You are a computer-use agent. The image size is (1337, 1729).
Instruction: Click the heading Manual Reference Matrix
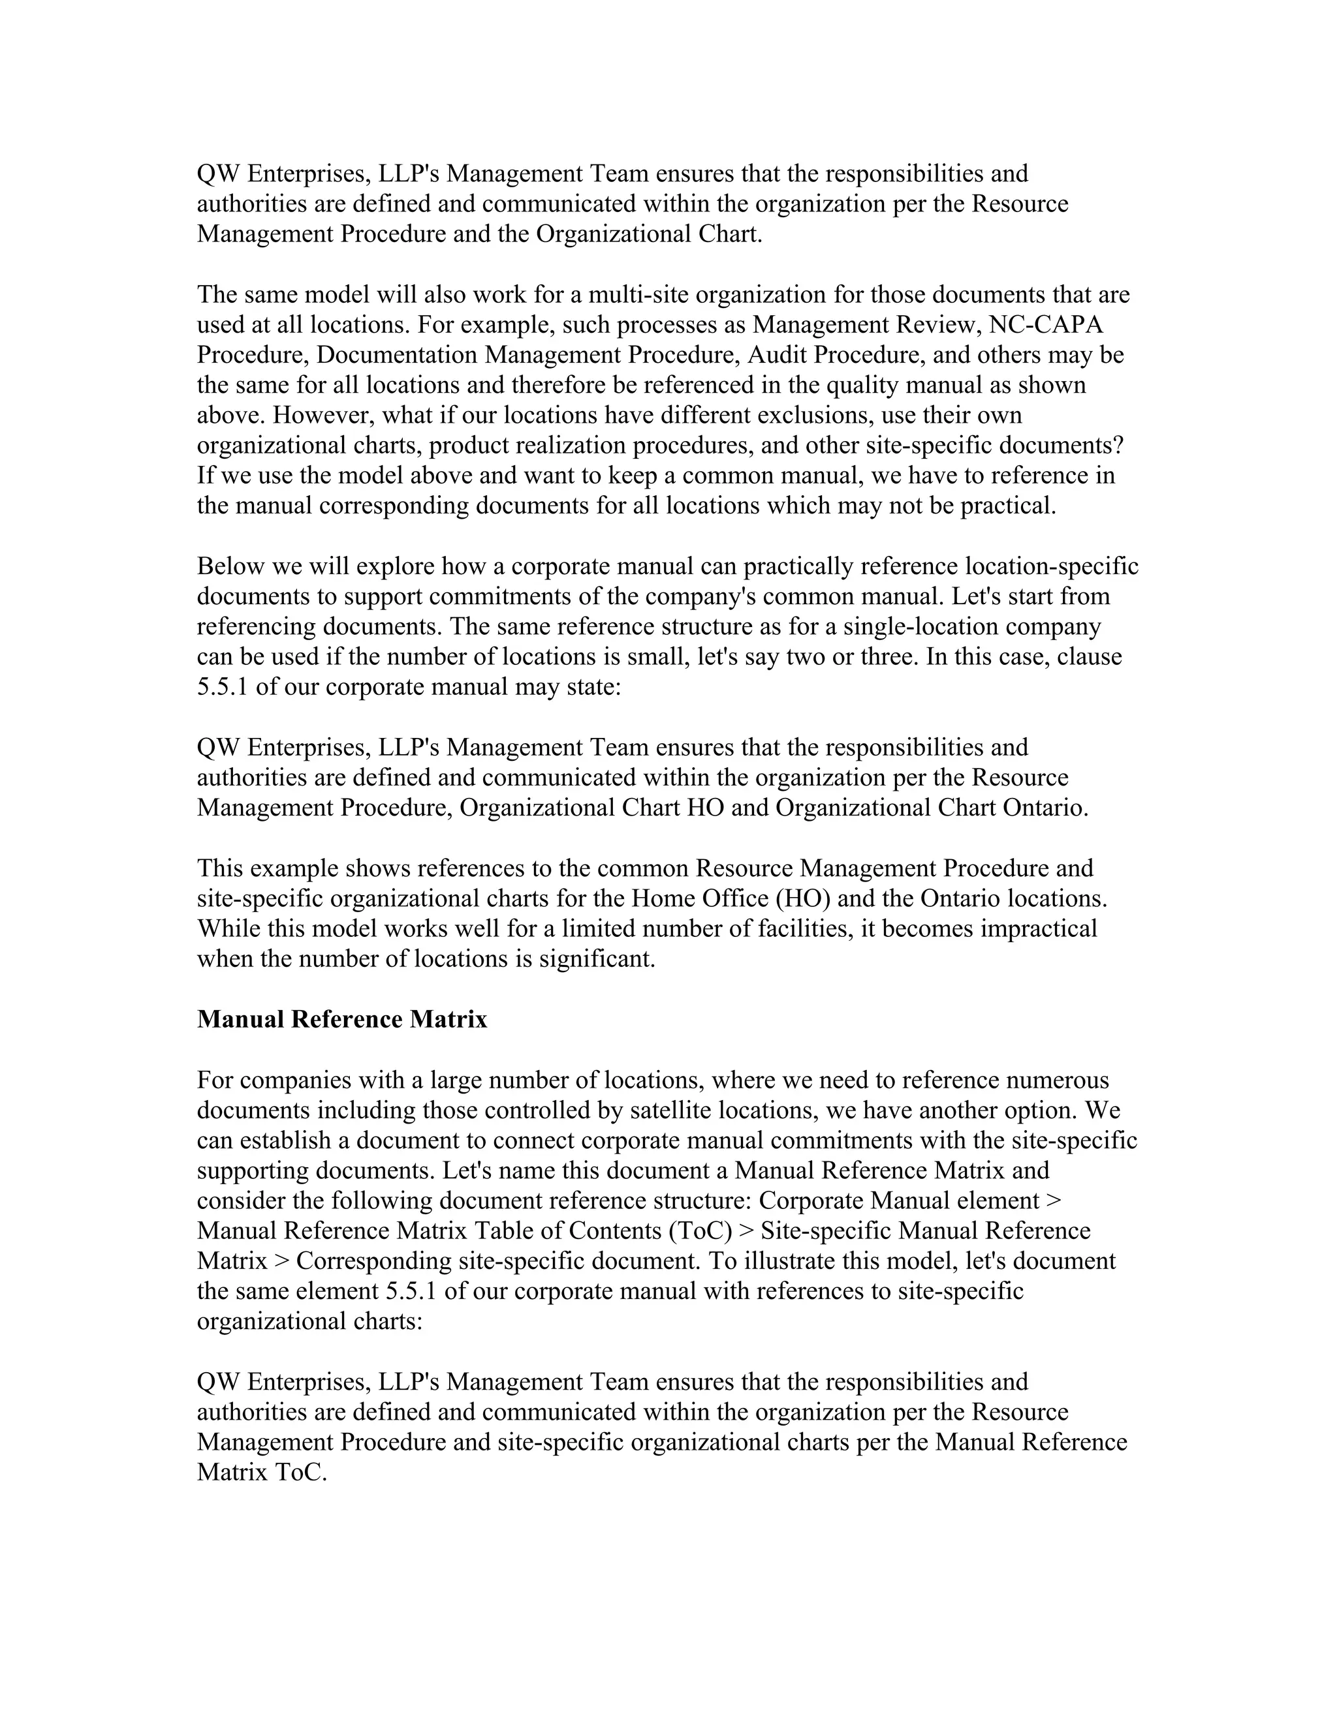341,1019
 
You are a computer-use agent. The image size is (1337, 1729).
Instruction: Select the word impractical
1039,928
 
